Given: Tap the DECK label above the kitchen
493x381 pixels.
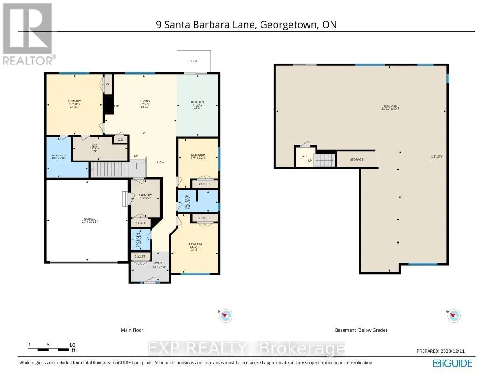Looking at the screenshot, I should click(x=193, y=61).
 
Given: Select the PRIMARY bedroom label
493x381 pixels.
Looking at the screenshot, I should click(x=75, y=101).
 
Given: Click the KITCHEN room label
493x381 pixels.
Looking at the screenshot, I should click(x=197, y=102).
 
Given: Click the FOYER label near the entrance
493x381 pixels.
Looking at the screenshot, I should click(x=157, y=263).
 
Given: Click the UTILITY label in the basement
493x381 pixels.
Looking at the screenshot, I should click(x=437, y=157).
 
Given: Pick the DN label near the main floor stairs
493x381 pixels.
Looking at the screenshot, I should click(x=136, y=156).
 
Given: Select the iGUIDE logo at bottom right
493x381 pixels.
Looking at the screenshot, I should click(x=452, y=363).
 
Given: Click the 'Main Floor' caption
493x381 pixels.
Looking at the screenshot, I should click(x=132, y=330).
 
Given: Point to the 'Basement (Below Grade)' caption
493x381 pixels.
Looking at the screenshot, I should click(x=361, y=330).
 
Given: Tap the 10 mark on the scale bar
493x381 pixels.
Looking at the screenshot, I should click(x=72, y=345).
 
